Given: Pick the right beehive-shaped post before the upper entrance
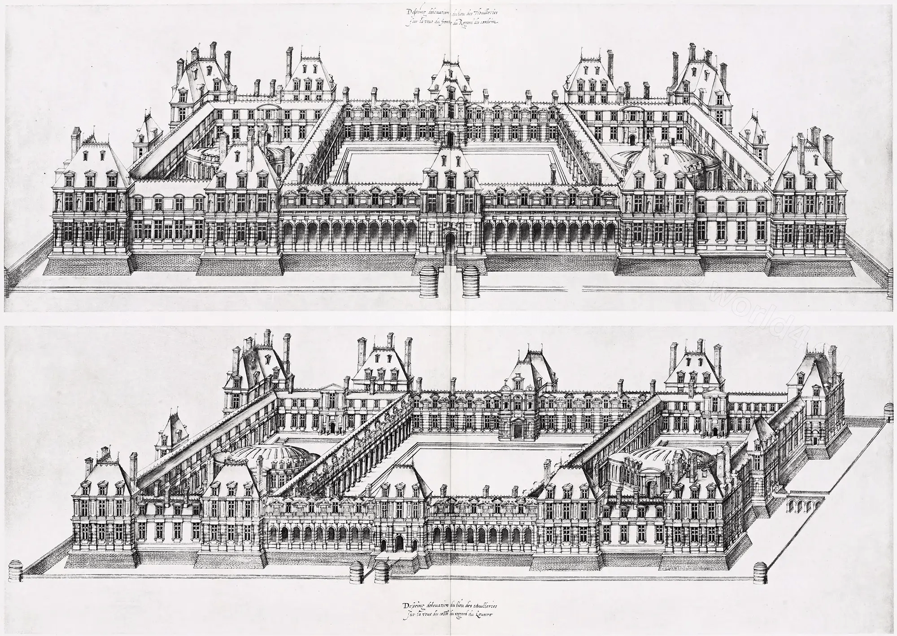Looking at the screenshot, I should tap(471, 282).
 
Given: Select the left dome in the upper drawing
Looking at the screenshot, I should tap(206, 159).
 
